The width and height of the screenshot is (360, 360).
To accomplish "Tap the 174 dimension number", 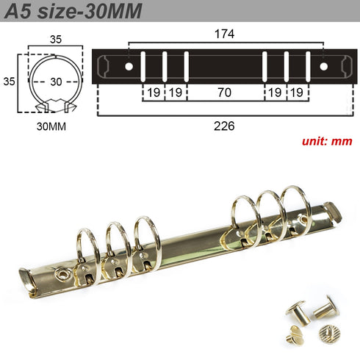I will click(226, 33).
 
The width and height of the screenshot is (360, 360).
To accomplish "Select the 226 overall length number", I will click(224, 126).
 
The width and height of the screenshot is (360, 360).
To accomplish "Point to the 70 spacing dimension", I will click(225, 93).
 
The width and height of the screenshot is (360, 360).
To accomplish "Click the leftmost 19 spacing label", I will click(153, 93).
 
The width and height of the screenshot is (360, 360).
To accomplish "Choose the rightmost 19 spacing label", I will click(296, 93).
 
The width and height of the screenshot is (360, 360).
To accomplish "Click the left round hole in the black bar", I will click(129, 67).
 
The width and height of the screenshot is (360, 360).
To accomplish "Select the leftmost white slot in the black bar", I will click(144, 66).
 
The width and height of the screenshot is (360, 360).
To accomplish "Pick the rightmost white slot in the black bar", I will click(306, 66).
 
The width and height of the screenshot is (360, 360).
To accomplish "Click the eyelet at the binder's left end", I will click(65, 273).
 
